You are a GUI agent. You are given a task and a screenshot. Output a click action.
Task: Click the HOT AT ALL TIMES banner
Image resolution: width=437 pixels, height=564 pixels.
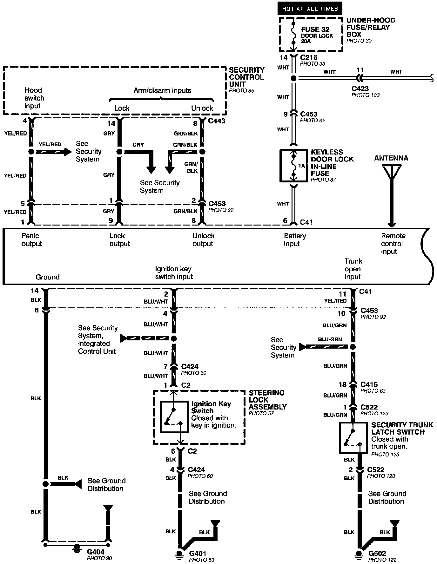[x=310, y=9]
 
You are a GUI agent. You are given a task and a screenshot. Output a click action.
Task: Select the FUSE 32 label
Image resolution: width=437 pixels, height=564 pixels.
[x=315, y=29]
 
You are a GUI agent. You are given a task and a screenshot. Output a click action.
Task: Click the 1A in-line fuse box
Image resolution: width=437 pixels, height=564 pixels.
[x=293, y=166]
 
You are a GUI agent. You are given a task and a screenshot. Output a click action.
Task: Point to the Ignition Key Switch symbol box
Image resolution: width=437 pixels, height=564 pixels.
[x=174, y=417]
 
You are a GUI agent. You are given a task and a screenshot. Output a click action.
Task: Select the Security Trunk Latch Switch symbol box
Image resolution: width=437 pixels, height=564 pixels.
[x=353, y=438]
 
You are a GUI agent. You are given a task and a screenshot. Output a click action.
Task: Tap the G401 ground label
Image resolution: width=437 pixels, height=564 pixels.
[x=198, y=554]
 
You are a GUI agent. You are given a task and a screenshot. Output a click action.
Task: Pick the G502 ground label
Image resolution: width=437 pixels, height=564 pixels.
[x=377, y=554]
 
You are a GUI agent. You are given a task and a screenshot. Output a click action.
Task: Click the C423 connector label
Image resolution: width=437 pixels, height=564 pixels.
[x=360, y=89]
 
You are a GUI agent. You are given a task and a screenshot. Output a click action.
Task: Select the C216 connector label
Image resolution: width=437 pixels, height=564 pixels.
[x=309, y=58]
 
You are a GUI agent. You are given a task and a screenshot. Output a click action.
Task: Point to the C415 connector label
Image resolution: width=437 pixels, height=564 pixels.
[x=369, y=384]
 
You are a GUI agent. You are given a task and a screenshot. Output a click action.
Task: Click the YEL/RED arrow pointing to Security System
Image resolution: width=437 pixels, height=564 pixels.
[x=54, y=152]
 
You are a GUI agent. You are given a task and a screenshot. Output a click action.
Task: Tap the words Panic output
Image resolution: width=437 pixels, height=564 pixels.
[x=31, y=240]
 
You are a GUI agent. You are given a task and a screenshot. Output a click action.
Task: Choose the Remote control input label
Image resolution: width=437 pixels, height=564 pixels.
[x=393, y=244]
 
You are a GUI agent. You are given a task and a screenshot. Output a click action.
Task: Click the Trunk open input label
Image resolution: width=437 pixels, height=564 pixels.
[x=353, y=269]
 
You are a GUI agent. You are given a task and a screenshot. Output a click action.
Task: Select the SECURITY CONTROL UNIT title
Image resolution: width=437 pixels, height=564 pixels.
[x=246, y=77]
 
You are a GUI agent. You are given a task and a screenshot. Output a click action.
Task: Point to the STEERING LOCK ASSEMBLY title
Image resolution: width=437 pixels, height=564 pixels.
[x=267, y=400]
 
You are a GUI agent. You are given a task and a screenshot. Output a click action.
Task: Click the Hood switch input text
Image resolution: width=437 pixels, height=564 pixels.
[x=34, y=98]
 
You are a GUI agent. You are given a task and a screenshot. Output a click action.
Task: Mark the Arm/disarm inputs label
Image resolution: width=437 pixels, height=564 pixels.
[x=162, y=90]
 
